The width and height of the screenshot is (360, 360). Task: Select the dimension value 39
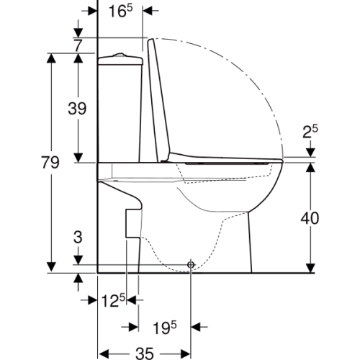click(x=77, y=109)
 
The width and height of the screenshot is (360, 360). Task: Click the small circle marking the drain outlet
click(x=191, y=265)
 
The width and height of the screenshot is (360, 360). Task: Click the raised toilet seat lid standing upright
click(x=159, y=101)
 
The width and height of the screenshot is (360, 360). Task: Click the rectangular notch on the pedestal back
click(x=132, y=222)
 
